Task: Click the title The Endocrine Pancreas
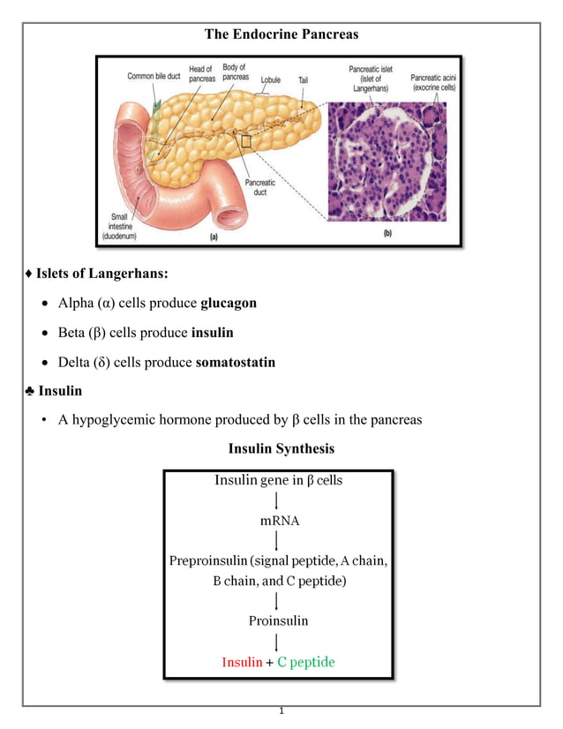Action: tap(281, 34)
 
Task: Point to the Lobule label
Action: tap(271, 79)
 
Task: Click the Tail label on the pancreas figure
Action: tap(303, 79)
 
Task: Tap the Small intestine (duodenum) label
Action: tap(119, 227)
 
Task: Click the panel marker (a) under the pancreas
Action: tap(214, 237)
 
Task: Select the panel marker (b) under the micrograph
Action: tap(387, 234)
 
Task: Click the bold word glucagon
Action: tap(229, 303)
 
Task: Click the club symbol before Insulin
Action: tap(30, 390)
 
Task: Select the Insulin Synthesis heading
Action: tap(281, 448)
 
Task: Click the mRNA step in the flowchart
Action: tap(279, 521)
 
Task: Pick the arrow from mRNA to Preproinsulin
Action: tap(279, 540)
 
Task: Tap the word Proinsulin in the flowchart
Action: tap(279, 620)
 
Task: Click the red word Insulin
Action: tap(242, 662)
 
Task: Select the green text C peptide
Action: tap(306, 662)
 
